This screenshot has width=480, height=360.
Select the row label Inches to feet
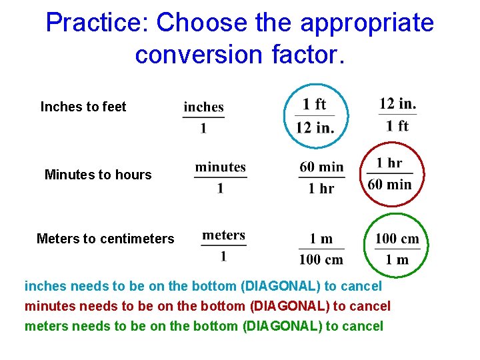coord(83,107)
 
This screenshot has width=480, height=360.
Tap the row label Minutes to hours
coord(98,175)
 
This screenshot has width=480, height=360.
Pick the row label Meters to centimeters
coord(105,239)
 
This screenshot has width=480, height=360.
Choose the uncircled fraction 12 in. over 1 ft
coord(398,115)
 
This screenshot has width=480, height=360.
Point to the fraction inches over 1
coord(203,117)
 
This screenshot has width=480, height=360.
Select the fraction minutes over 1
coord(220,177)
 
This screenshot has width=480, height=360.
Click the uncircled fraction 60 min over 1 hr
coord(321,177)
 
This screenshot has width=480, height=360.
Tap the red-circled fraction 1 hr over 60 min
coord(390,173)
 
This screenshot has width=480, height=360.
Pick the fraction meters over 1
coord(223,245)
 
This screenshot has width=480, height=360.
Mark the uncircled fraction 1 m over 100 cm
coord(321,249)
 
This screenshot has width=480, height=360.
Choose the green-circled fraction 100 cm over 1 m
coord(397,249)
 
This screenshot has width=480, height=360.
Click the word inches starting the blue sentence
coord(45,287)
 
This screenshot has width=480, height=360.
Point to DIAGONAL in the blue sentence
coord(280,287)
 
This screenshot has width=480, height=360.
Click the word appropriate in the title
coord(367,23)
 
